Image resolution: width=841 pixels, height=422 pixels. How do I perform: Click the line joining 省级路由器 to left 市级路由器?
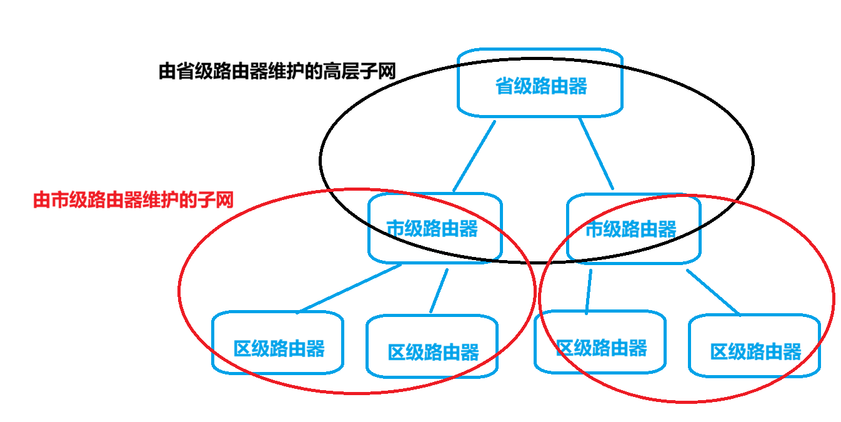click(x=474, y=156)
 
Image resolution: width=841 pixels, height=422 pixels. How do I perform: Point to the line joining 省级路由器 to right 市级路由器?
click(x=596, y=154)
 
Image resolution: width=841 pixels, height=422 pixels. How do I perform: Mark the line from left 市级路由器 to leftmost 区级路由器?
click(x=350, y=288)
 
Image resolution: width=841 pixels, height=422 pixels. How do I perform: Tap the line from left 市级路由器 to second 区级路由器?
click(x=439, y=291)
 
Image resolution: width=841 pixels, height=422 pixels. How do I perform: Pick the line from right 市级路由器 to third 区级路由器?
click(x=589, y=291)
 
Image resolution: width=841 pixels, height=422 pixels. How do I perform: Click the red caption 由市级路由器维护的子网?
click(x=132, y=201)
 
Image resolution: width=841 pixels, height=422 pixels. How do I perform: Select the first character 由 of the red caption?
click(x=41, y=201)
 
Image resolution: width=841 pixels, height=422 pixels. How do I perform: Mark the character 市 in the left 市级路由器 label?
click(x=394, y=229)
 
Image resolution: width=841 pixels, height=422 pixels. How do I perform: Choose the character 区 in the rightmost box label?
click(x=719, y=351)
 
